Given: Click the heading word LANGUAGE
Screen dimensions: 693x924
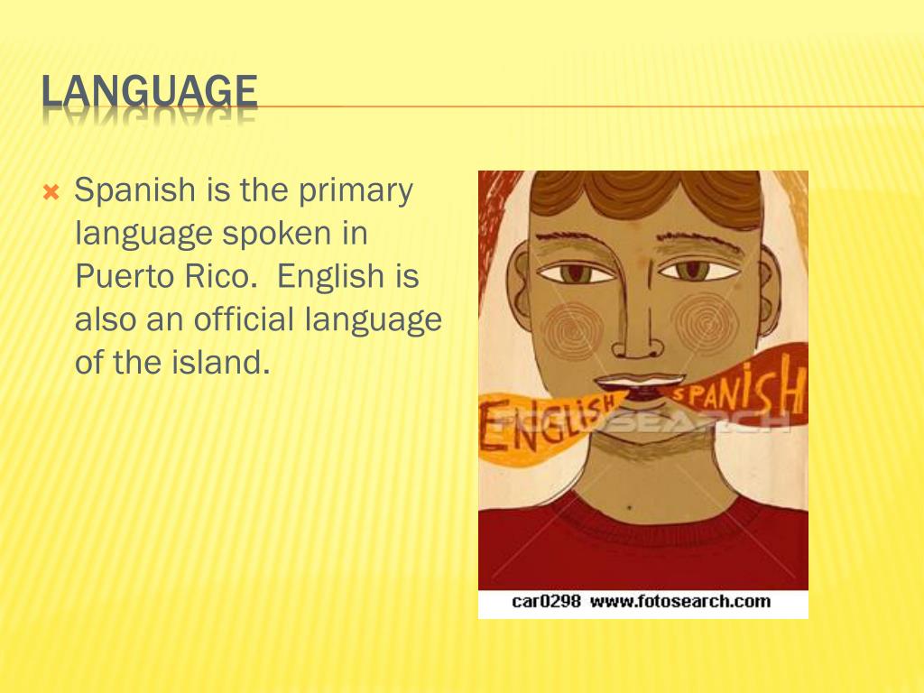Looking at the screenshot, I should click(x=149, y=93).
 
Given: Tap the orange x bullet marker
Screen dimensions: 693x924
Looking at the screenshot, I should click(x=51, y=192).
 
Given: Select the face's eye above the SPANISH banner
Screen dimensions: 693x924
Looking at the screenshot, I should click(x=695, y=269).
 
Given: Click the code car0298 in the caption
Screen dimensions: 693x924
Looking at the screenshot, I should click(x=546, y=601).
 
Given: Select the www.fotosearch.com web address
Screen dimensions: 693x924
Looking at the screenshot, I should click(x=680, y=601).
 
